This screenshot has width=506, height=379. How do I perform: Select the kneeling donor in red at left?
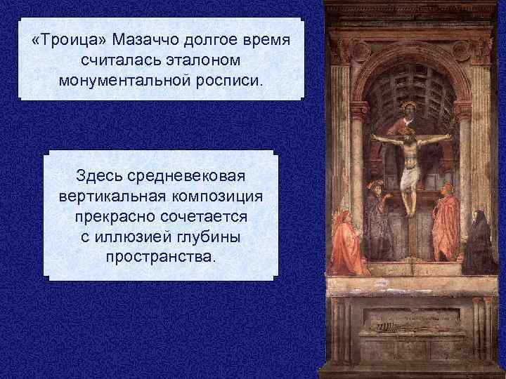349,243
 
